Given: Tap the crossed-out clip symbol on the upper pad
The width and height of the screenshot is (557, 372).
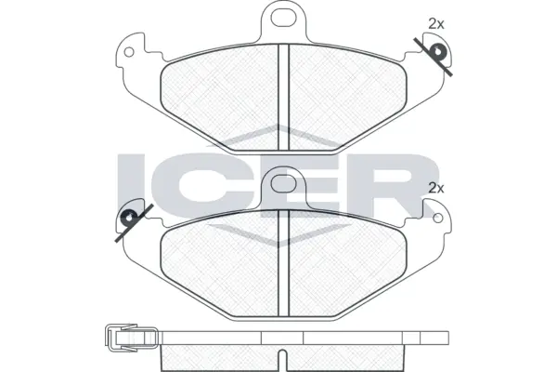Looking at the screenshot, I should tap(434, 55).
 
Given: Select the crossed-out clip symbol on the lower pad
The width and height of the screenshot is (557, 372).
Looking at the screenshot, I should tap(129, 220).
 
